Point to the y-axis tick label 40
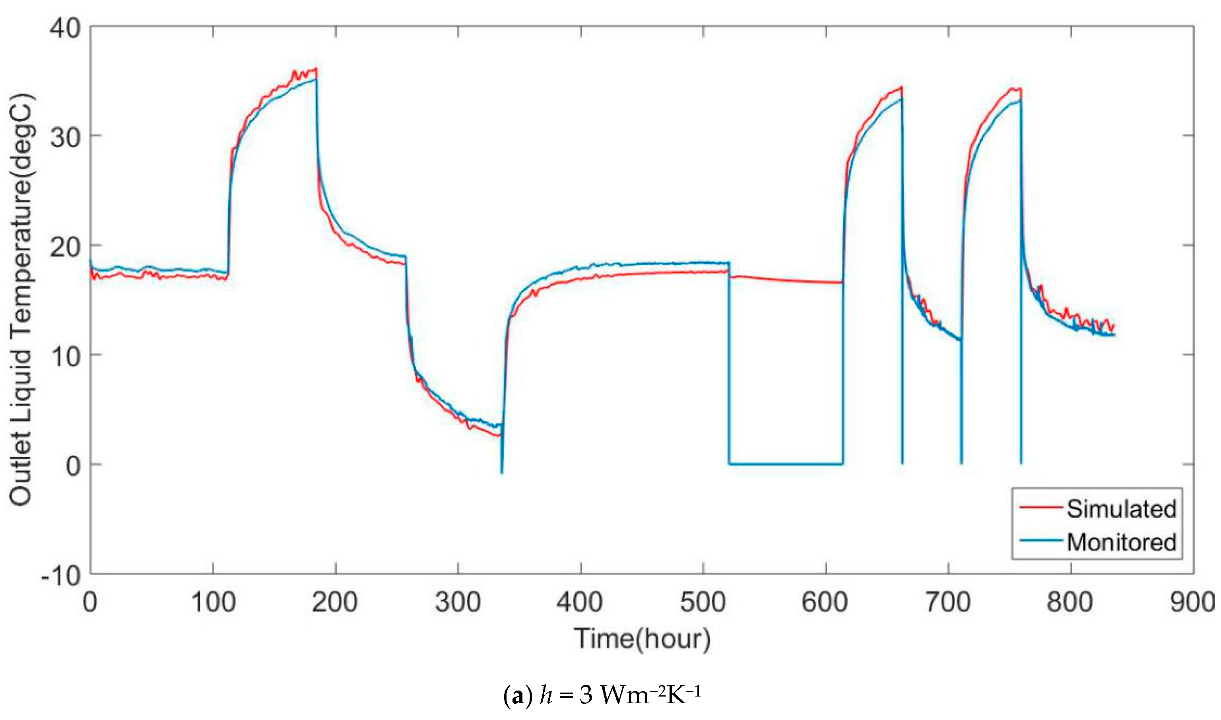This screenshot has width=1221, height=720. (65, 29)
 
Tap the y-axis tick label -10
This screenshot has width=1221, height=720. (61, 576)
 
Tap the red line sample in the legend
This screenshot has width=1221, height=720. (1040, 507)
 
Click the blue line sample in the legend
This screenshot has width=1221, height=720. (1040, 540)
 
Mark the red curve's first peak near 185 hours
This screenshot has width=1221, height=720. (316, 69)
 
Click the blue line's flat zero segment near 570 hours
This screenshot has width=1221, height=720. (786, 464)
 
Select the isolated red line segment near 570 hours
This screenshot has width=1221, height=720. (786, 280)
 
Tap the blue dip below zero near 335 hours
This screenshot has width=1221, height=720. (502, 472)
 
